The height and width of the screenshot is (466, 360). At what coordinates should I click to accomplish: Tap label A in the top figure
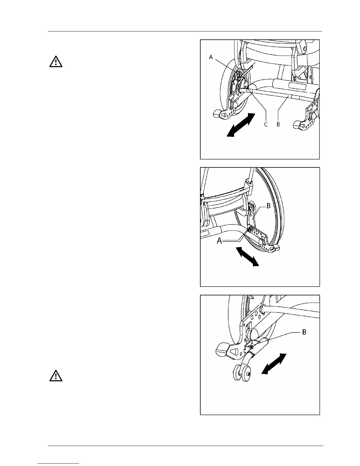pos(211,57)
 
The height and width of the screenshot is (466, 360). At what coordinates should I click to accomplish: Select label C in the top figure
pos(266,124)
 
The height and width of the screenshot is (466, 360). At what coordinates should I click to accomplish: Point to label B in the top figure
pos(278,124)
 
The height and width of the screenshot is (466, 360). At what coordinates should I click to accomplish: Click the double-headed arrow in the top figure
pos(241,125)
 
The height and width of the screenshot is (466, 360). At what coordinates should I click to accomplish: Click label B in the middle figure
pos(268,206)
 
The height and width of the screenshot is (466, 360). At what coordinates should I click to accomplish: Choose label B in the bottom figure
pos(304,332)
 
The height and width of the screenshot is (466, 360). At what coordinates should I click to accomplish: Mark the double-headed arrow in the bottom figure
pos(274,364)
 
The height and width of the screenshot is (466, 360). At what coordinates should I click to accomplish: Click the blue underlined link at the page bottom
pos(58,463)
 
